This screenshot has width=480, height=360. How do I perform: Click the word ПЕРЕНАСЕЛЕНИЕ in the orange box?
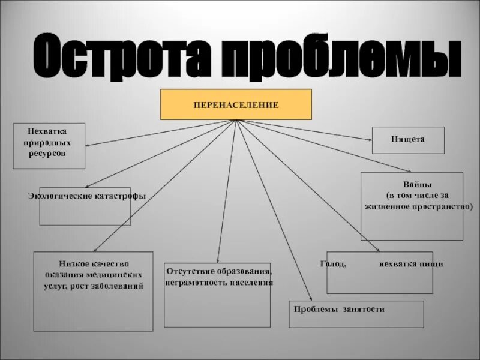coord(236,105)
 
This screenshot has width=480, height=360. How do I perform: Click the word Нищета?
coord(409,139)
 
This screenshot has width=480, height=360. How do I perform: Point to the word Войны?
coord(412,185)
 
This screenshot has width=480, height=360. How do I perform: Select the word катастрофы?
coord(120,196)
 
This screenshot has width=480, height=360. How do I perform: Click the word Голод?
coord(334,264)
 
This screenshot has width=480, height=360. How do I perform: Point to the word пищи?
coord(432,264)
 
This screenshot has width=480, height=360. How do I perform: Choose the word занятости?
coord(364,310)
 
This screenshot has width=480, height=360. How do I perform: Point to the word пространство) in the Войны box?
coord(443,206)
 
